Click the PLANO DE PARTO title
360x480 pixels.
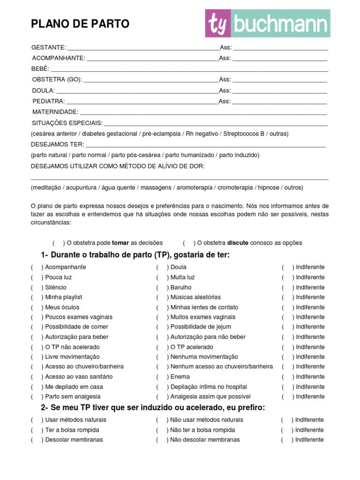coord(80,24)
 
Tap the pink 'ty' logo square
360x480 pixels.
coord(218,24)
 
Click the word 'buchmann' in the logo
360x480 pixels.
coord(281,24)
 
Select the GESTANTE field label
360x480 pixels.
coord(49,48)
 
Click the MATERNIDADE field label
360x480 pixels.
coord(55,112)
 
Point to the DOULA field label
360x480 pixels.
coord(44,90)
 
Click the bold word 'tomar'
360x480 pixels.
coord(120,243)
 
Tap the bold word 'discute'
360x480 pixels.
coord(238,243)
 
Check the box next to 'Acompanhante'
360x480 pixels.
coord(37,267)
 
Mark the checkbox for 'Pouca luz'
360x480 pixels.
coord(37,277)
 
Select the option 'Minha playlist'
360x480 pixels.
coord(64,297)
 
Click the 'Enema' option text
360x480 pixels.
coord(180,377)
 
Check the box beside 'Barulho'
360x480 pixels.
coord(162,287)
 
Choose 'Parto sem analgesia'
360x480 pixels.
coord(66,397)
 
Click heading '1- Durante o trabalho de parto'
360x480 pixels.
coord(135,255)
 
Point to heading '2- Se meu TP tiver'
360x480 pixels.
coord(153,408)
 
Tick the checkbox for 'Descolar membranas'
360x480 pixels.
coord(37,440)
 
